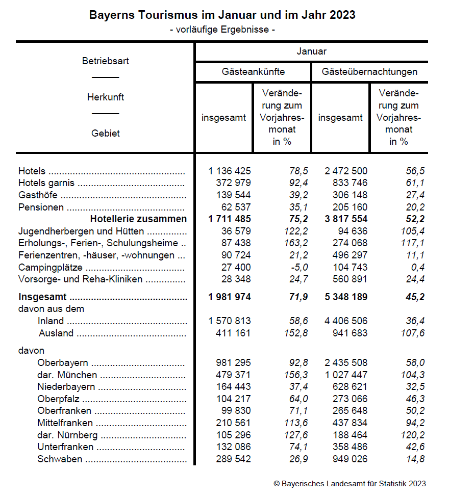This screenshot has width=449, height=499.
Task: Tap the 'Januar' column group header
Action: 311,51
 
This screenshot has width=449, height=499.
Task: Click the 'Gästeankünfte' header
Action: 253,72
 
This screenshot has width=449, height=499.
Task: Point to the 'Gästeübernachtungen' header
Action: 369,72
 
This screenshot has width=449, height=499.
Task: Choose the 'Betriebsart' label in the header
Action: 106,61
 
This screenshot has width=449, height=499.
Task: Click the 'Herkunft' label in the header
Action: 106,97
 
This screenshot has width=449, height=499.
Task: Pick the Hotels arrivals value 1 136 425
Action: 230,171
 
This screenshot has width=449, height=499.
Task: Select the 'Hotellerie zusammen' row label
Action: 138,219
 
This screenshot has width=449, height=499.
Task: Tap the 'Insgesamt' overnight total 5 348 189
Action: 346,297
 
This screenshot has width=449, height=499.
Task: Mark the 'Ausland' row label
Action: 56,333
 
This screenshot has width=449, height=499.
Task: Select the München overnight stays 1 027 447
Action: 346,376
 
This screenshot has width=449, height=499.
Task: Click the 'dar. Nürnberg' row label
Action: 67,436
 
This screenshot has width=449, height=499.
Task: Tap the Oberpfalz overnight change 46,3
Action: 414,399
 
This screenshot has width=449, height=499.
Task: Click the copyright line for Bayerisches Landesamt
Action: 350,484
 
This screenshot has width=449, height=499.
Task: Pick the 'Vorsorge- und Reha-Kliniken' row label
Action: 80,279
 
